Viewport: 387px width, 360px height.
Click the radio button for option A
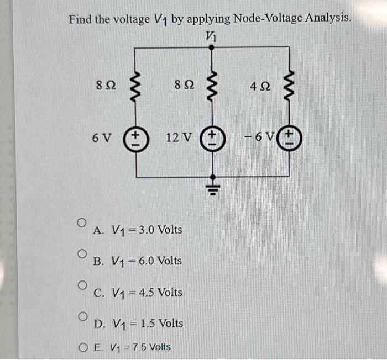tap(81, 222)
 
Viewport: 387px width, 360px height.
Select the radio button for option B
tap(81, 253)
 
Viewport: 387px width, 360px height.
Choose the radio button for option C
tap(81, 285)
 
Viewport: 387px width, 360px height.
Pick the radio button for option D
tap(81, 316)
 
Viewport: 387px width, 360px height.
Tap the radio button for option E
tap(82, 347)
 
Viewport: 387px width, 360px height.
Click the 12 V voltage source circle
tap(211, 137)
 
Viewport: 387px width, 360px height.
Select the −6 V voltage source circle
tap(289, 137)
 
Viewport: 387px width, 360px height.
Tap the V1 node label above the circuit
tap(211, 36)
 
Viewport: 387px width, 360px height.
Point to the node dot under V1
tap(211, 48)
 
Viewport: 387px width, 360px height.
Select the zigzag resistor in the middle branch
tap(211, 88)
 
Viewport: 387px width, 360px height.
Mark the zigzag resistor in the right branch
tap(289, 88)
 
